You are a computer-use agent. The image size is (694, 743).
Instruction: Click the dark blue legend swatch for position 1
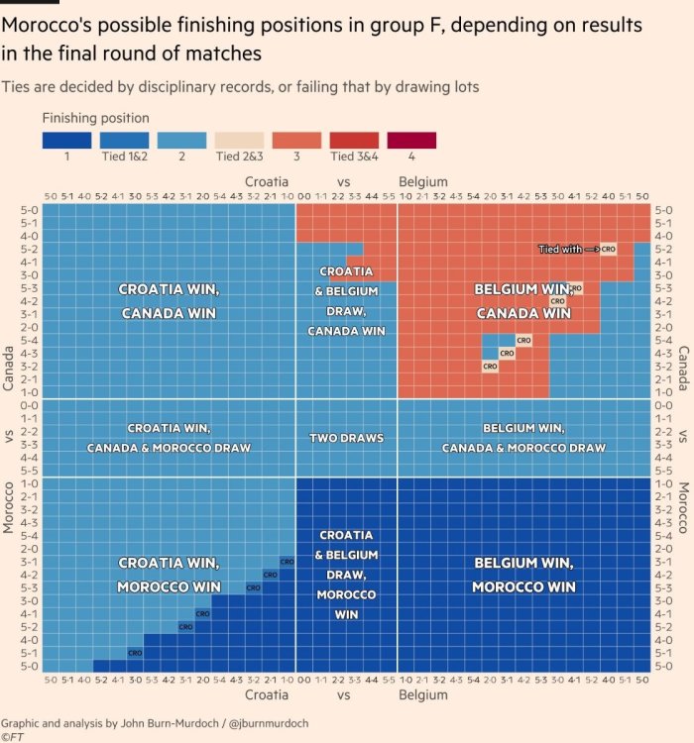click(67, 141)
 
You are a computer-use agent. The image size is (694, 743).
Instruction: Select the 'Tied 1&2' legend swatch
click(125, 141)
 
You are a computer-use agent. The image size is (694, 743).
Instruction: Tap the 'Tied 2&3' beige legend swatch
click(239, 141)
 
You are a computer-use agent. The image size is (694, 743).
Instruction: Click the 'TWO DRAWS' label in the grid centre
click(346, 438)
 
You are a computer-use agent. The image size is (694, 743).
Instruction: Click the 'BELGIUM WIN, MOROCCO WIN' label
click(522, 575)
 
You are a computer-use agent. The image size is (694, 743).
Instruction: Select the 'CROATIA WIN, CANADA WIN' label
click(169, 301)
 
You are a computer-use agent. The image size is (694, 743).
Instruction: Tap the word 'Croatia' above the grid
click(267, 182)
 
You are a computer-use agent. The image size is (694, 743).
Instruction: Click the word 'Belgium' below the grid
click(423, 696)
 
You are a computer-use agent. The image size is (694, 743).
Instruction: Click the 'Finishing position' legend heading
click(96, 118)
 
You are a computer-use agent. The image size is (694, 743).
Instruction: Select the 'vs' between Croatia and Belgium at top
click(344, 182)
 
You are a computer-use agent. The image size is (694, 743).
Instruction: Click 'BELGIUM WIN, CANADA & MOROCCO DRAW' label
click(522, 438)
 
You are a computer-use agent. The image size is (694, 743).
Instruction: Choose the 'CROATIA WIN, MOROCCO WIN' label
click(169, 575)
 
